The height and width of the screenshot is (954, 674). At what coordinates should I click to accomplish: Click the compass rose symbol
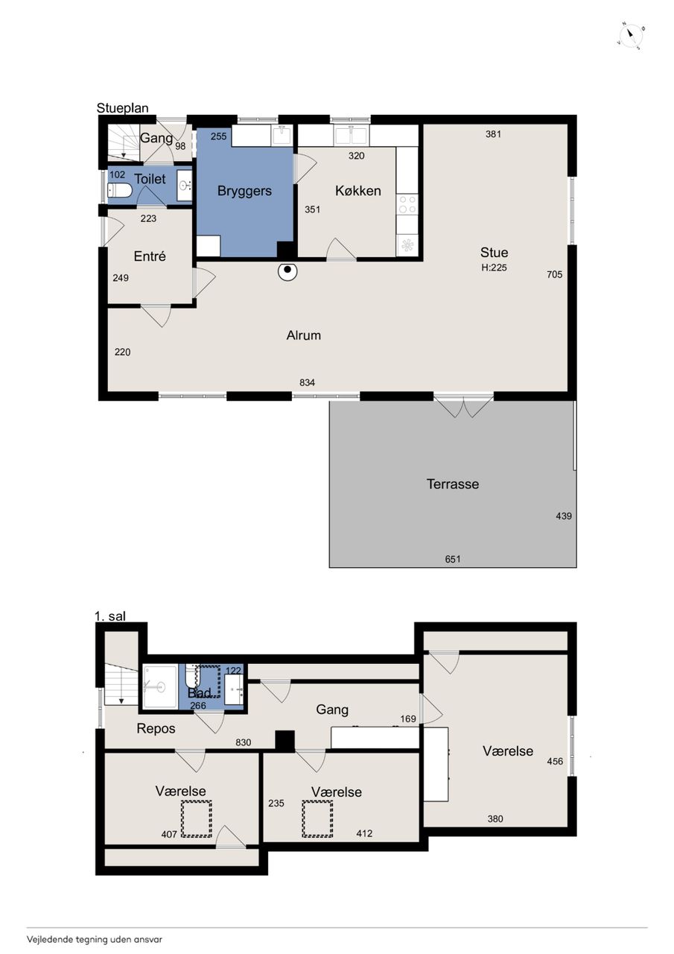click(x=631, y=37)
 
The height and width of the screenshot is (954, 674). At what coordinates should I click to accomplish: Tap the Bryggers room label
click(x=244, y=190)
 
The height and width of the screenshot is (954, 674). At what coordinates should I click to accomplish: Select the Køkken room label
click(x=357, y=190)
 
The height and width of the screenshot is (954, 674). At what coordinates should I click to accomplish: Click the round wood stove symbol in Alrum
click(x=287, y=271)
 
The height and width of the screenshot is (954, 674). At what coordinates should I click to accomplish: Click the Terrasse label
click(x=453, y=484)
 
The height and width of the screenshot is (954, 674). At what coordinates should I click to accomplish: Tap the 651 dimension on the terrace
click(x=453, y=559)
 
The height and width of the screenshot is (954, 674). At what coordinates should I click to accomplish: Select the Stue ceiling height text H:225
click(x=494, y=268)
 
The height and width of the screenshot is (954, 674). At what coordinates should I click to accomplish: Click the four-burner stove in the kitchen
click(x=407, y=203)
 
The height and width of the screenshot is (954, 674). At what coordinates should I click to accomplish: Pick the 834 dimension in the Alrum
click(x=307, y=382)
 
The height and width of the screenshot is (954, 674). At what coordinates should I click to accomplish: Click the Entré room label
click(x=150, y=256)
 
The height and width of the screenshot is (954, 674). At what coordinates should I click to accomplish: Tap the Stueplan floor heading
click(x=123, y=108)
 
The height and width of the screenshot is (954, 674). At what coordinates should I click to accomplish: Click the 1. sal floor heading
click(x=110, y=616)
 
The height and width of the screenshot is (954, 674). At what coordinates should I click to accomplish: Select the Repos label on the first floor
click(x=156, y=728)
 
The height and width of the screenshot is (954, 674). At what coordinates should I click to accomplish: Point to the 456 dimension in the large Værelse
click(x=555, y=761)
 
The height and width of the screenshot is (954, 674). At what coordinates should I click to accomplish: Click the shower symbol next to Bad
click(x=160, y=686)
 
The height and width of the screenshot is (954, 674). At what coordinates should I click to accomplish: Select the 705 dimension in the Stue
click(x=554, y=274)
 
